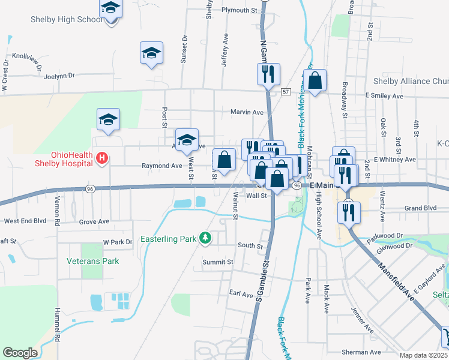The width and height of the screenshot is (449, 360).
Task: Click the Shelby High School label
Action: coord(67,19)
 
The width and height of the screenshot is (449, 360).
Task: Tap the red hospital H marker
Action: coord(102,158)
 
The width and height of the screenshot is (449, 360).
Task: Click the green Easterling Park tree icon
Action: coord(205,238)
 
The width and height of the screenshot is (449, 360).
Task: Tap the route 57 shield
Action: coord(285,91)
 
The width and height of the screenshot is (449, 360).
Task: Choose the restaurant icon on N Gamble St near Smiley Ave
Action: coord(268,74)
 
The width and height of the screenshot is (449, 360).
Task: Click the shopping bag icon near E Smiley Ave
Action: coord(315,80)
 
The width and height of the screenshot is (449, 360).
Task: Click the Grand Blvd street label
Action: coord(421,208)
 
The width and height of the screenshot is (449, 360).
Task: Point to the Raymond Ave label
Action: coord(161,166)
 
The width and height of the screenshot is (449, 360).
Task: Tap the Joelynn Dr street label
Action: coord(59,76)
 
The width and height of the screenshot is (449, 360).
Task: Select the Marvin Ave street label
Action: coord(247,112)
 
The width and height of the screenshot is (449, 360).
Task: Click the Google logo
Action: coord(20,353)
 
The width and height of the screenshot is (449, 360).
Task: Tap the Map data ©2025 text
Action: coord(423,355)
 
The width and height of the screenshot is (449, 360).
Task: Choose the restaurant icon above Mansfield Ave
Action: coord(347,211)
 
